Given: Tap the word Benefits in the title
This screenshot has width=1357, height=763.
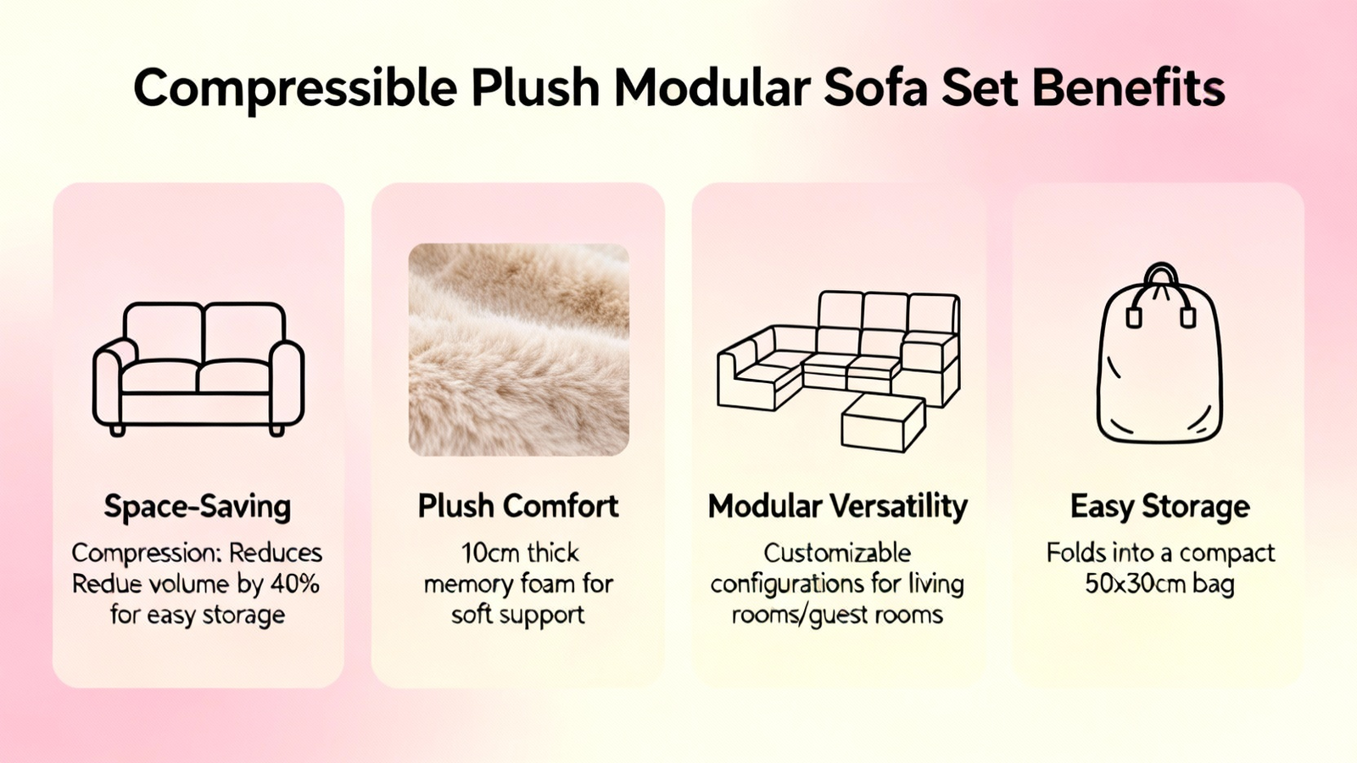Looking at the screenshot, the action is coord(1128,88).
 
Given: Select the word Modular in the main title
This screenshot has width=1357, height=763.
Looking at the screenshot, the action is coord(712,88).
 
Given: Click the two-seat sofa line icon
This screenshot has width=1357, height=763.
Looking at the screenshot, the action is coord(198,369).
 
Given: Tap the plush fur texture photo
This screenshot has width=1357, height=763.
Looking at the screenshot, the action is coord(518,349).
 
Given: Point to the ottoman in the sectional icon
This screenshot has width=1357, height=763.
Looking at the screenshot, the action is coord(883,422).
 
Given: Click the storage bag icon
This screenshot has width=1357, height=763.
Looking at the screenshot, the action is coord(1159,353).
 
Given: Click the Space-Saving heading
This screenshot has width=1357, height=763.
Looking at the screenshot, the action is coord(198,508).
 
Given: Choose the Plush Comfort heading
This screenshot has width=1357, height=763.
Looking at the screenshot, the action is coord(518,506).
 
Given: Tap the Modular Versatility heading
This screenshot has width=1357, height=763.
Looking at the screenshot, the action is coord(838,507).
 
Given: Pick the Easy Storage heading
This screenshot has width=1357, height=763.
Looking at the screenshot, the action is coord(1159,508).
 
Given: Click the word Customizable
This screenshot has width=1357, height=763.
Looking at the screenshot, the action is coord(837,553).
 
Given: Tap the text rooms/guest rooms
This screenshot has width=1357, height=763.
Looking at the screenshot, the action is coord(837,615).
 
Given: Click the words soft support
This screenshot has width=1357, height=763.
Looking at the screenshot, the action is coord(518,615).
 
